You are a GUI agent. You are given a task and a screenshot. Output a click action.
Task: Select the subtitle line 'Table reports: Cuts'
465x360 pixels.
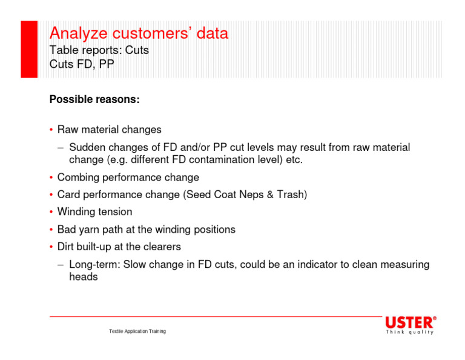pyautogui.click(x=99, y=50)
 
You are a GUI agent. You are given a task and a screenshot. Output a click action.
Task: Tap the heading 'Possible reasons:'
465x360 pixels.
pyautogui.click(x=94, y=99)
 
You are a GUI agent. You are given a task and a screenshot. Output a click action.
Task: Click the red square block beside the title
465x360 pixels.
pyautogui.click(x=29, y=49)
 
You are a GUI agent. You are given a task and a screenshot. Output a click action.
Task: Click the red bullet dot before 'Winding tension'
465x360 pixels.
pyautogui.click(x=51, y=213)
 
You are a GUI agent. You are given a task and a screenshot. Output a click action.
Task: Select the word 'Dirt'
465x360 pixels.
pyautogui.click(x=67, y=247)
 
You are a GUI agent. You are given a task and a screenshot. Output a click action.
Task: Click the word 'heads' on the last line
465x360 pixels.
pyautogui.click(x=83, y=277)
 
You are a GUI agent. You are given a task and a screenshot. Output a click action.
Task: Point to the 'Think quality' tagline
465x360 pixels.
pyautogui.click(x=410, y=333)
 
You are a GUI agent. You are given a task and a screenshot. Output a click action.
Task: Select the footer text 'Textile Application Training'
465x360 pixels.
pyautogui.click(x=137, y=332)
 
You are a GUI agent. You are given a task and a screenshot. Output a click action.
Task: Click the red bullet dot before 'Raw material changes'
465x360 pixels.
pyautogui.click(x=51, y=130)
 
